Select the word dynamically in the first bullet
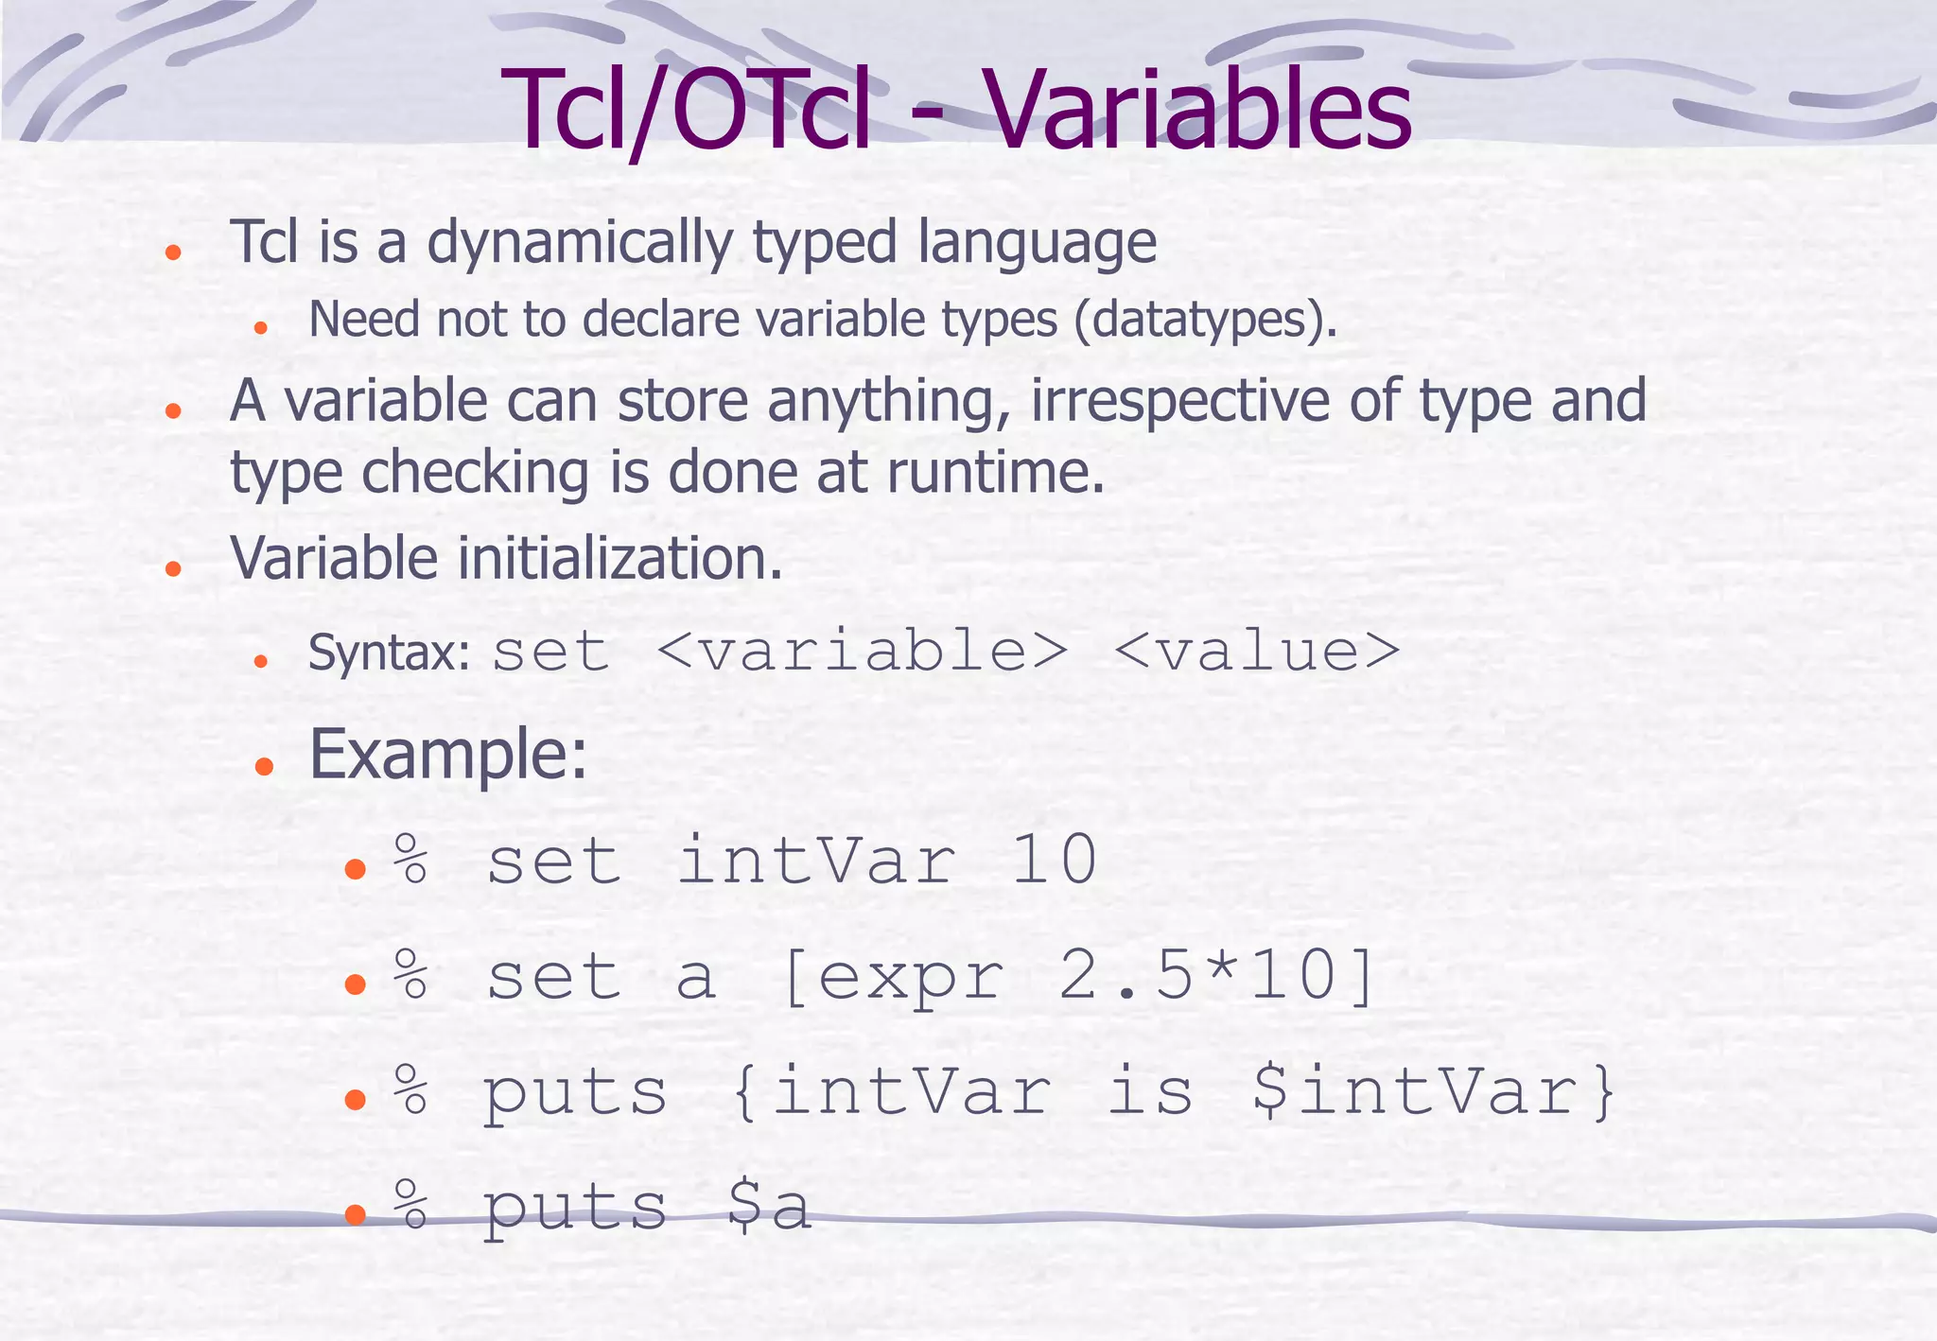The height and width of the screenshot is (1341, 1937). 579,242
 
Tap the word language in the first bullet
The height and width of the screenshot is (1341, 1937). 1038,242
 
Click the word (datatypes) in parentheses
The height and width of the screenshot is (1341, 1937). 1205,320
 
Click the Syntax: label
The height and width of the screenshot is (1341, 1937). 390,653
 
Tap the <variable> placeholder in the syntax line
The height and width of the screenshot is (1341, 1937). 861,652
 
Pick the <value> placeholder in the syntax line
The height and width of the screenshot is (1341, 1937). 1256,652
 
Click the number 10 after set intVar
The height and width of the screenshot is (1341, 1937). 1054,861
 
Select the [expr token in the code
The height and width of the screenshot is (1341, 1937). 893,977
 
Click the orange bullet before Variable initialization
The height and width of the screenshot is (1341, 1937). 172,568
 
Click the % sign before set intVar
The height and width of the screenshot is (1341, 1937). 411,860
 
